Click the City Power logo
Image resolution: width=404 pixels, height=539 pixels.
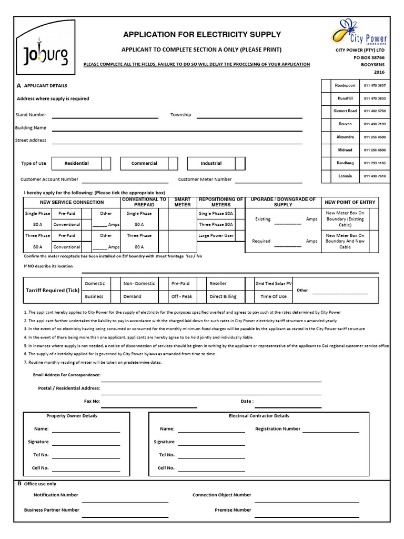click(359, 33)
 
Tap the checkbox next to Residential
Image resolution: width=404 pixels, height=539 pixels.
click(106, 163)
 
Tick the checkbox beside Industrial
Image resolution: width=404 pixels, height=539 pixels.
click(240, 163)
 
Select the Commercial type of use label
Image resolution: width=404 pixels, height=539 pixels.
click(144, 163)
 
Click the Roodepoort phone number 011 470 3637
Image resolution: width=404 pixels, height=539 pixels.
click(375, 85)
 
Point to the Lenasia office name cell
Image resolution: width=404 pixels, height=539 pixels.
click(345, 176)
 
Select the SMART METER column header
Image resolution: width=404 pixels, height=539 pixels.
click(183, 202)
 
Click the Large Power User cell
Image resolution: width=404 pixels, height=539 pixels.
click(216, 236)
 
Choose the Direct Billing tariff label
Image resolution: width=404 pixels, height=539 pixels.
click(223, 297)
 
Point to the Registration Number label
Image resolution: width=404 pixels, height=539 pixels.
click(278, 429)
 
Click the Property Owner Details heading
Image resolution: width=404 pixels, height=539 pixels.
click(72, 416)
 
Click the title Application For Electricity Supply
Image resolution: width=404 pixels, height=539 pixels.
click(202, 35)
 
